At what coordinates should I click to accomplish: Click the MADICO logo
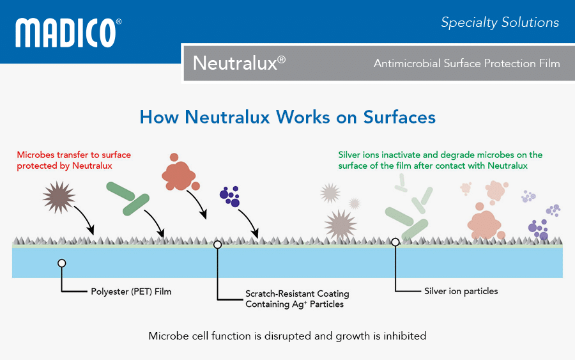(x=68, y=33)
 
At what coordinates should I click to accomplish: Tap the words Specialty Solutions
(x=500, y=22)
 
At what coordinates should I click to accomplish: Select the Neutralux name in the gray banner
(x=239, y=63)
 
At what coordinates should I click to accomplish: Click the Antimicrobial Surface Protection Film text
(x=467, y=63)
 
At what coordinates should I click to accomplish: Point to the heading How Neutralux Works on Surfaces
(x=287, y=117)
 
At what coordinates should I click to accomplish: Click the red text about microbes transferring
(x=73, y=160)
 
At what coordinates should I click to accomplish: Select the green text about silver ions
(x=440, y=160)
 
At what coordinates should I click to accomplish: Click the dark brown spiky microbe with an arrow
(x=59, y=197)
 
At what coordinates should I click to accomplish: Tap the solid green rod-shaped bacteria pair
(x=128, y=198)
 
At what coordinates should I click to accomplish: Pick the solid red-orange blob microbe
(x=180, y=173)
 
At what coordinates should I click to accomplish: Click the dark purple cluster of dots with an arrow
(x=230, y=196)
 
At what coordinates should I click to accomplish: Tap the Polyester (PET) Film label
(x=131, y=292)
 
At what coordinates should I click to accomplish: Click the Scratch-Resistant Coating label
(x=297, y=299)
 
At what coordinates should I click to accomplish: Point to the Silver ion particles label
(x=461, y=291)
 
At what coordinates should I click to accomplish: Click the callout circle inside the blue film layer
(x=62, y=263)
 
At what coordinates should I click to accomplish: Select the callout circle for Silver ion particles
(x=395, y=242)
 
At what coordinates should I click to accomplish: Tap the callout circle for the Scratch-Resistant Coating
(x=217, y=244)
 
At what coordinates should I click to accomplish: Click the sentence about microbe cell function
(x=287, y=336)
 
